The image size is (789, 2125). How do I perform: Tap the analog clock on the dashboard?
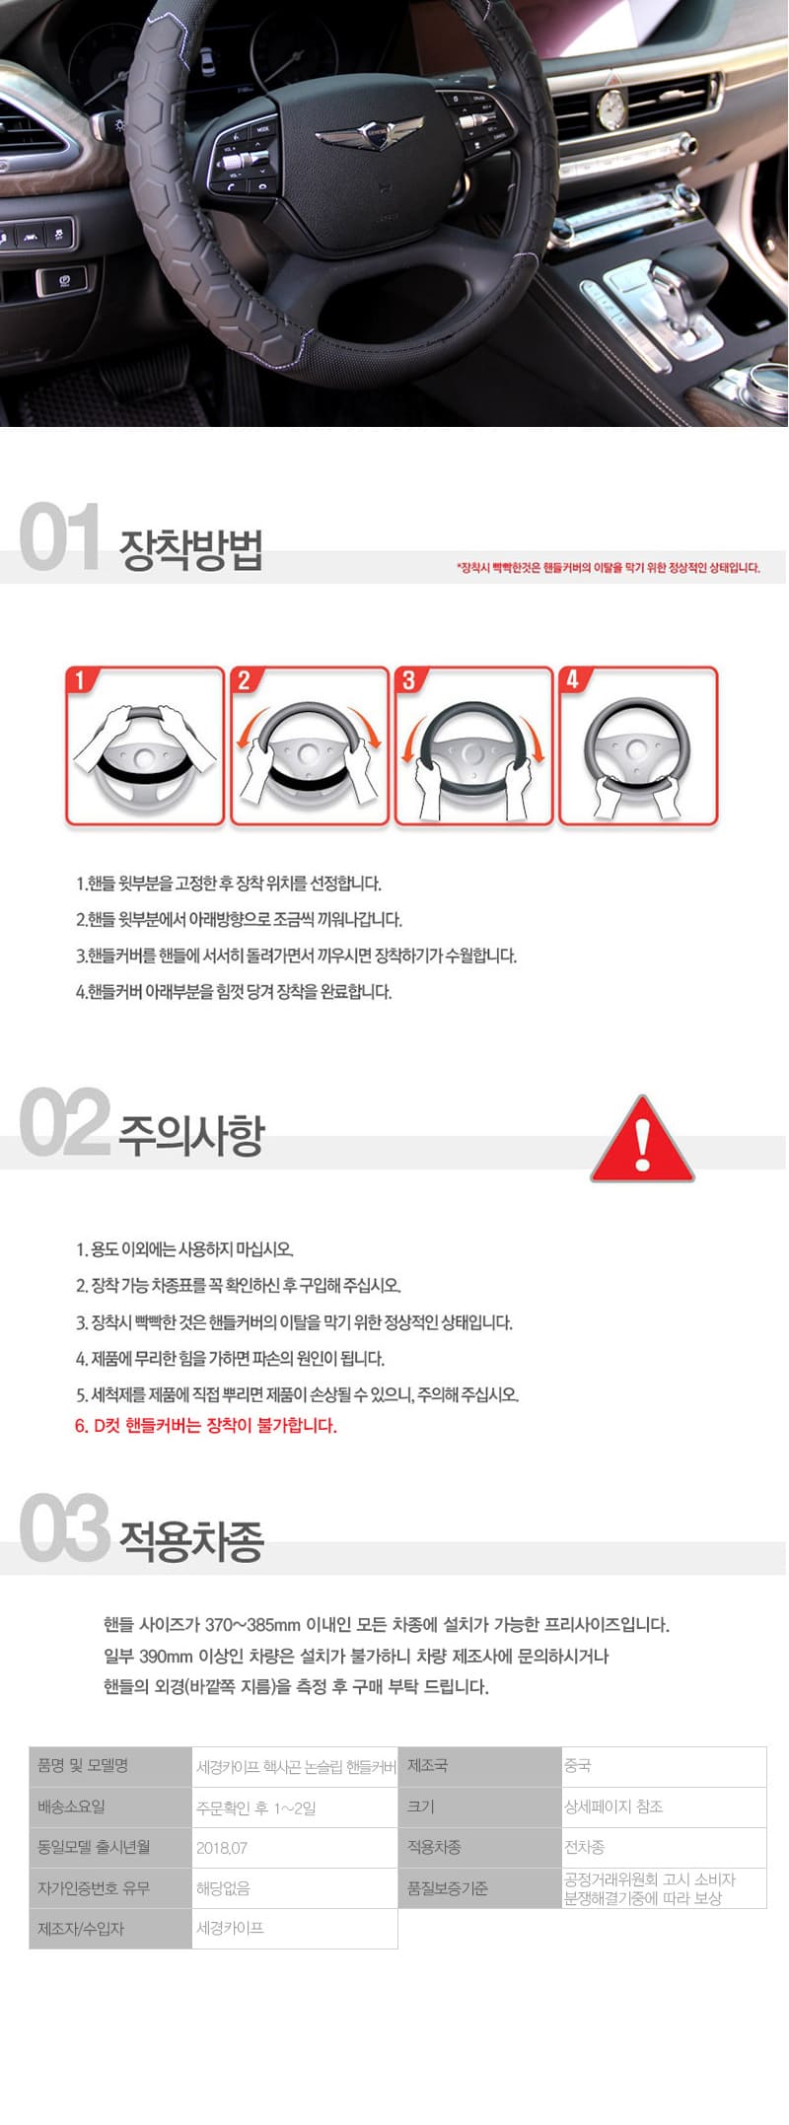(611, 106)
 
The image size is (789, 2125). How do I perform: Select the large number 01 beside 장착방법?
(59, 536)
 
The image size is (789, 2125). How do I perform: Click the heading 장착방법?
(190, 550)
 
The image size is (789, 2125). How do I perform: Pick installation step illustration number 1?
(145, 745)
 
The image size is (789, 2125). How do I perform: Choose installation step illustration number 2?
(310, 745)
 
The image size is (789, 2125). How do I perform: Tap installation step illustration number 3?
(473, 745)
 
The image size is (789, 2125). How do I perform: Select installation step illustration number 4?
(638, 745)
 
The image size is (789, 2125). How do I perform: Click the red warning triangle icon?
(642, 1140)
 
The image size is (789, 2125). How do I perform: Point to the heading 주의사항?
(191, 1135)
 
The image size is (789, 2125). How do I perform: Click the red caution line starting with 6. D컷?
(206, 1426)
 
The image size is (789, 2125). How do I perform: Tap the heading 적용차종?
(191, 1541)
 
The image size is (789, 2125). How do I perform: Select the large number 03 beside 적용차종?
(63, 1527)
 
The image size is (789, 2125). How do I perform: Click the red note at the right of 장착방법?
(609, 568)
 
